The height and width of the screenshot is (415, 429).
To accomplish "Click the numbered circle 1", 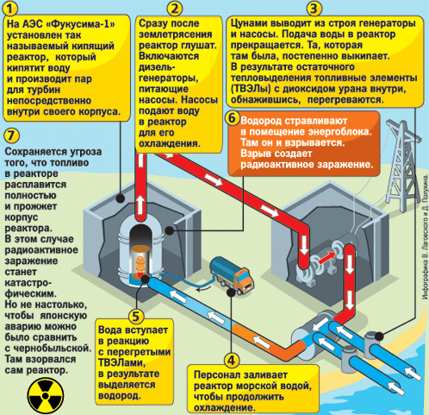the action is coord(9,9).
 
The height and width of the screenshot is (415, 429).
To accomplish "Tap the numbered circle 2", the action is coord(174,9).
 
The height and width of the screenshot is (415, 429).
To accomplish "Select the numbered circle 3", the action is coord(314,9).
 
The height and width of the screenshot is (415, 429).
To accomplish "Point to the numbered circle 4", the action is coord(232,361).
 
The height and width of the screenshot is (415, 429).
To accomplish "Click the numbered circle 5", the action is coord(135,317).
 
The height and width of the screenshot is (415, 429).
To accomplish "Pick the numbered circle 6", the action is coord(233,118).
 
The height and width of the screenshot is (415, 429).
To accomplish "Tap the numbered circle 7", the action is coord(12,135).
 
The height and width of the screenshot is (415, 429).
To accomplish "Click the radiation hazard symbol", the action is coord(45,396).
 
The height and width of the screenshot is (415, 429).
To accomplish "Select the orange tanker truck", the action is coord(232,276).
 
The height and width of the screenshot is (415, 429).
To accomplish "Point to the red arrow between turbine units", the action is coord(326,257).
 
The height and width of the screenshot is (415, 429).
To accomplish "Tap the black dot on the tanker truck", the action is coord(231,292).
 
